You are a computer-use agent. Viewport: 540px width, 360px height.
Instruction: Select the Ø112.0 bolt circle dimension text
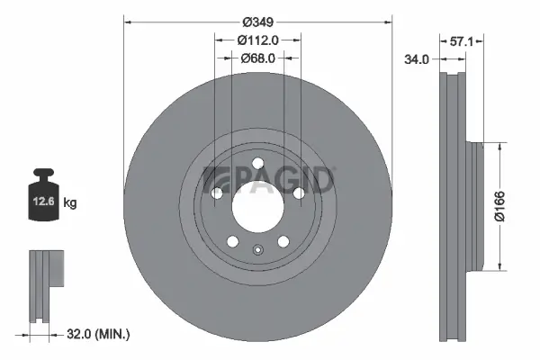[x=257, y=39]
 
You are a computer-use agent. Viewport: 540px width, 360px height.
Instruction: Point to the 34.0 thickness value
[x=417, y=59]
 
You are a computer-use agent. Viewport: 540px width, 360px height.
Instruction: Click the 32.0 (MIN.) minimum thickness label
[x=99, y=334]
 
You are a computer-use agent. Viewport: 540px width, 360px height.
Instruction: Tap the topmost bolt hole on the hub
[x=257, y=164]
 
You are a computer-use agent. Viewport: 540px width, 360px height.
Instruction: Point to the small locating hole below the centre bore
[x=257, y=252]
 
